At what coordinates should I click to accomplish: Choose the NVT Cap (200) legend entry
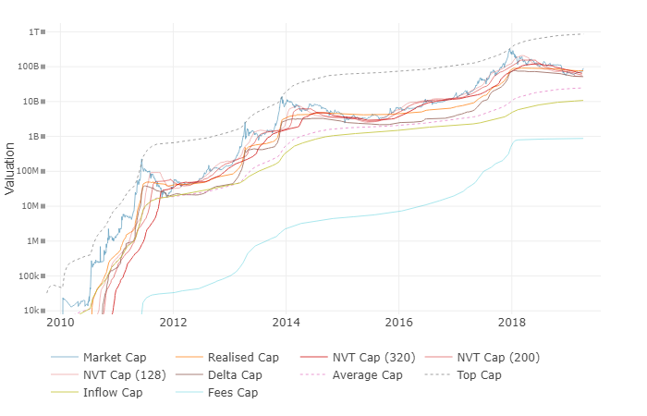pos(496,357)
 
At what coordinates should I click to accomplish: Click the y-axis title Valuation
pos(10,167)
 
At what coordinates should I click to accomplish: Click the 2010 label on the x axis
pos(60,323)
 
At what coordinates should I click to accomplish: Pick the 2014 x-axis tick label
pos(286,323)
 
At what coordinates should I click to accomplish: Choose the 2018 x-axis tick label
pos(511,323)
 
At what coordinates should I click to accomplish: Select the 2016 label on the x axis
pos(398,323)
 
